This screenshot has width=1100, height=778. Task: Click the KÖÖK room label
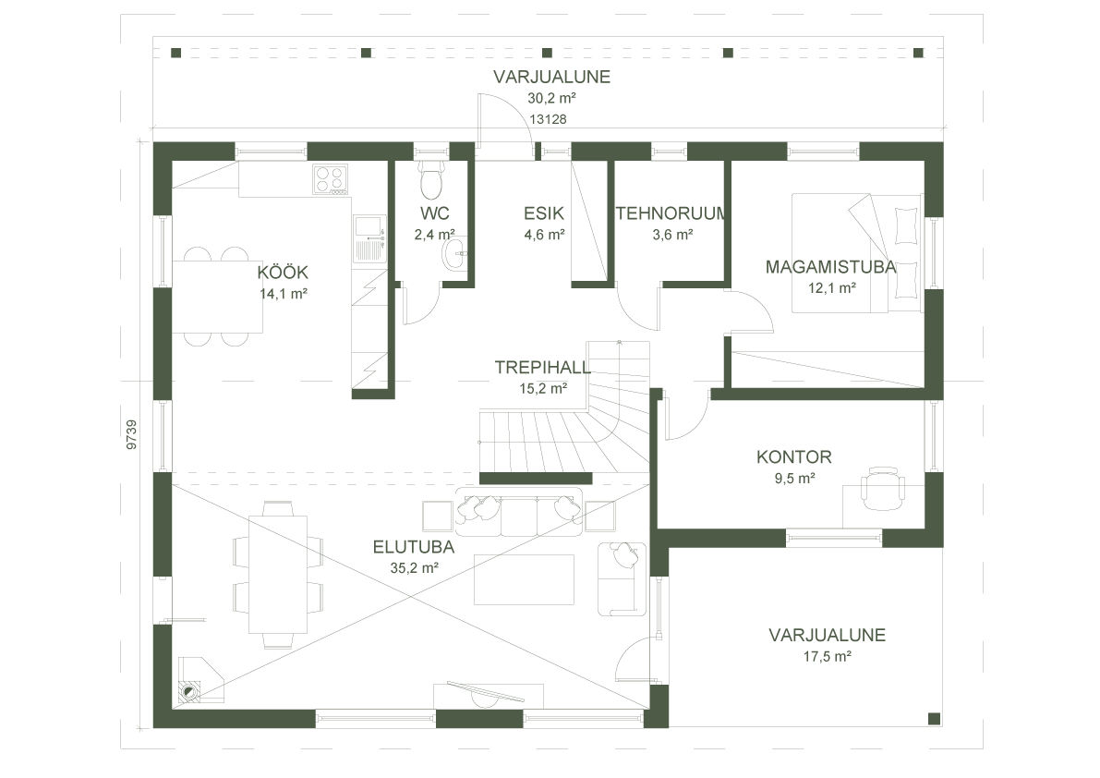[283, 273]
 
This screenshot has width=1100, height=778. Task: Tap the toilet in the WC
[430, 181]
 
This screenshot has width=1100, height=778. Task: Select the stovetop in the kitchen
[330, 178]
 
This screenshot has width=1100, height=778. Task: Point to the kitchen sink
[369, 225]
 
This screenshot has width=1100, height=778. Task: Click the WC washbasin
[454, 254]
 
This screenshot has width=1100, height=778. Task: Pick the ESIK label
[544, 213]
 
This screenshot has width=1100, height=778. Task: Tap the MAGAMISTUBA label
[831, 267]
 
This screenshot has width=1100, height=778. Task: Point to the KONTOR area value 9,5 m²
[794, 479]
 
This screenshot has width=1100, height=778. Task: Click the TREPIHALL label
[542, 368]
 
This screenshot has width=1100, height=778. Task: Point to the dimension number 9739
[132, 434]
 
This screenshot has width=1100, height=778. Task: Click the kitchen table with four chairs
[218, 296]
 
